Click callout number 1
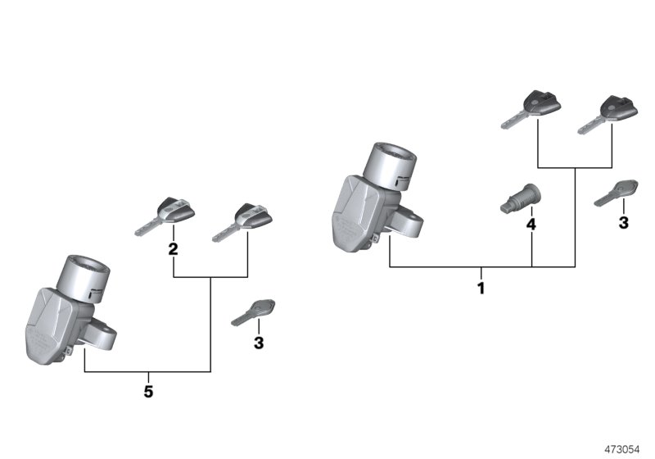click(481, 289)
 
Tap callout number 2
click(174, 249)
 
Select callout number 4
click(531, 224)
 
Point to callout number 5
click(148, 392)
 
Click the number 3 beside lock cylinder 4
click(623, 222)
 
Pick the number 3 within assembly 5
click(259, 343)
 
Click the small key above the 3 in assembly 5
click(253, 311)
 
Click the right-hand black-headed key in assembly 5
click(243, 220)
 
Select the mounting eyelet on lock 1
click(409, 221)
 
